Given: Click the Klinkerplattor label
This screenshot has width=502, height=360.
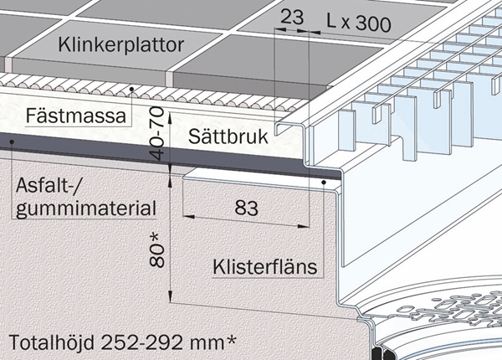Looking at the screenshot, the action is point(121,45).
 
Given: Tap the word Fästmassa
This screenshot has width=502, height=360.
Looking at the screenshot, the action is point(76,116).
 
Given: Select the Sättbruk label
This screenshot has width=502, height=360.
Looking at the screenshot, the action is point(228,136).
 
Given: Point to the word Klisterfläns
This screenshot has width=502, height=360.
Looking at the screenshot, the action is point(265,266).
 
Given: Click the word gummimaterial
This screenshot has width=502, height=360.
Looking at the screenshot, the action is point(86,209).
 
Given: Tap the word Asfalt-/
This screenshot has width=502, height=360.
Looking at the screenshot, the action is point(47,185).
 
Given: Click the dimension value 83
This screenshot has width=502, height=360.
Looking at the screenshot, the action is point(247,208).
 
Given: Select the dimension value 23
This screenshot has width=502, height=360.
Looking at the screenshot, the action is point(292,17).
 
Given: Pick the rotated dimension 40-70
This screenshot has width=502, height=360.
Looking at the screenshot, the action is point(157,134).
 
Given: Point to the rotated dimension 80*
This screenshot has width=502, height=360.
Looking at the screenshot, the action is point(157,250).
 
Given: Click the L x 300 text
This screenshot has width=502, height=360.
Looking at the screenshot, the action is point(359,23).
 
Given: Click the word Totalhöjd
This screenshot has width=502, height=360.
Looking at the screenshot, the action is point(52,342).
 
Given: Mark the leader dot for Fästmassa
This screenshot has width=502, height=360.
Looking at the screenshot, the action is point(131,89).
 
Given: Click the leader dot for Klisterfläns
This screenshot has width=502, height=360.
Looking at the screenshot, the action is point(324,183).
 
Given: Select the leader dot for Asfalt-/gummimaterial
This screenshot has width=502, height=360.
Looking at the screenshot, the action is point(12,141).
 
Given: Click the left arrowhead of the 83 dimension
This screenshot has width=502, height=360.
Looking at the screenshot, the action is point(188,217).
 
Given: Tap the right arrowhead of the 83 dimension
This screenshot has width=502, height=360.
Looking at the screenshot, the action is point(304,226).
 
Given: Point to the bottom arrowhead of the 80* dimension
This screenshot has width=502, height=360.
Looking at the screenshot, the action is point(171,296).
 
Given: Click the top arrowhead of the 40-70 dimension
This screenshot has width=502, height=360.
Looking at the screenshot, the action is point(171,118).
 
